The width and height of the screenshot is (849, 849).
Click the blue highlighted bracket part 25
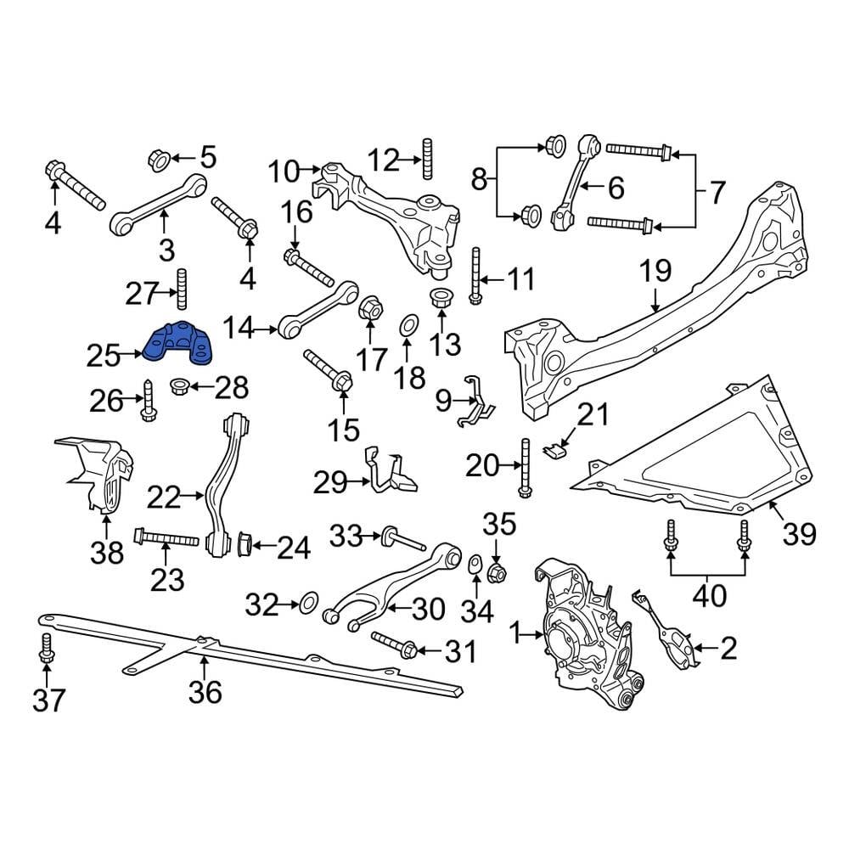pyautogui.click(x=181, y=342)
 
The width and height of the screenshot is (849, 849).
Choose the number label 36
pyautogui.click(x=205, y=692)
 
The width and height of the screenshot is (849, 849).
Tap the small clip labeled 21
pyautogui.click(x=554, y=448)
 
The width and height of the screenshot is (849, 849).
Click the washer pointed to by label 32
pyautogui.click(x=307, y=605)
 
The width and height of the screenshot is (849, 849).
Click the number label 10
pyautogui.click(x=284, y=171)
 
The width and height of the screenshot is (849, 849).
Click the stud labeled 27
pyautogui.click(x=181, y=289)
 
